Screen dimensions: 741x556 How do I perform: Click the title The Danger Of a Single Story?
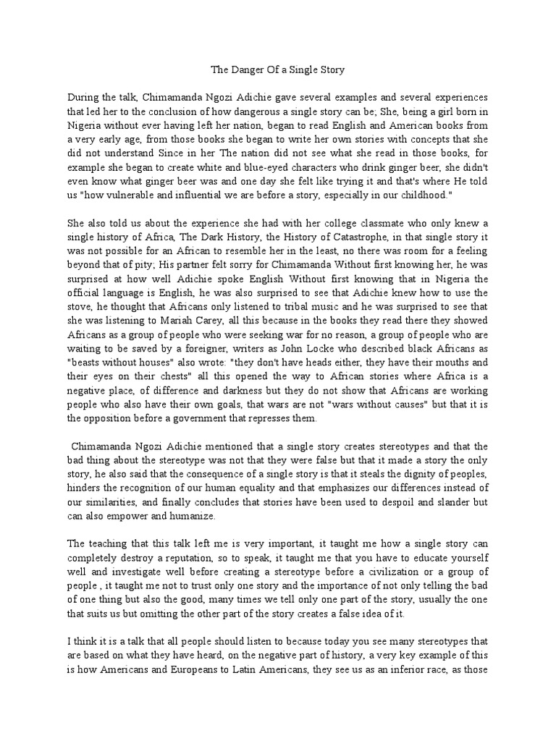tap(278, 70)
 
